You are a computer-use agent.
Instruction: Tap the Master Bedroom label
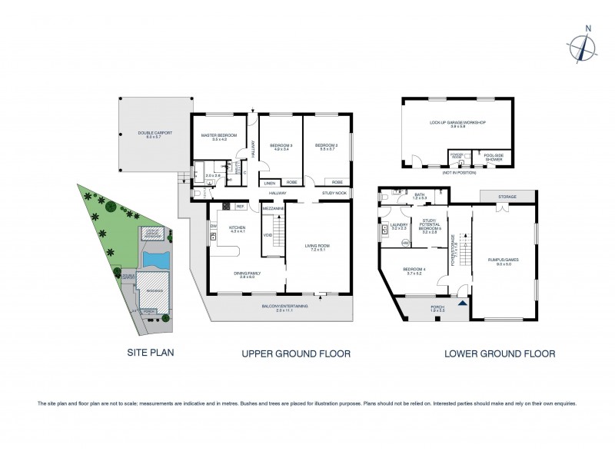(215, 135)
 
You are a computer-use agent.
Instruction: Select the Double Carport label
(155, 134)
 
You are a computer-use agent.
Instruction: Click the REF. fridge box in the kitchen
(240, 206)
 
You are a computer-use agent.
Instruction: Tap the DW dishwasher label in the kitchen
(212, 226)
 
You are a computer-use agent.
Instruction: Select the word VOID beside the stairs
(268, 235)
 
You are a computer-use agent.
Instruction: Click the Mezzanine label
(274, 207)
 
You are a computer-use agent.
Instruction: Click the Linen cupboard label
(269, 183)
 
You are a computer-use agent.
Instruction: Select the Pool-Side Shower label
(491, 158)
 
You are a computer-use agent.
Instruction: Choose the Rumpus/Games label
(504, 258)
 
